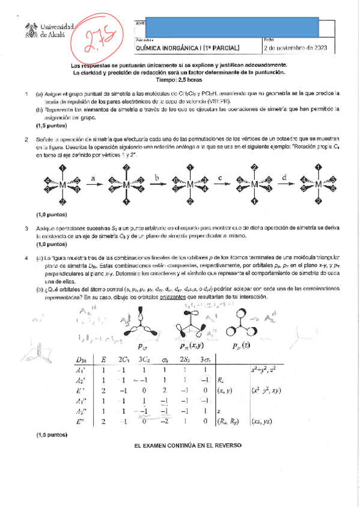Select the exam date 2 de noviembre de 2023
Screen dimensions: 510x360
point(297,48)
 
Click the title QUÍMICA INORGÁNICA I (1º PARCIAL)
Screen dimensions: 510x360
point(188,48)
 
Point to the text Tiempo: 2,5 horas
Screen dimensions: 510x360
point(178,79)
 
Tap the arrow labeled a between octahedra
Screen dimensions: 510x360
point(93,185)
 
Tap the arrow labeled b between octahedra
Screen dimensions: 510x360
point(156,185)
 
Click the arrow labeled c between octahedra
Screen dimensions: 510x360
point(220,185)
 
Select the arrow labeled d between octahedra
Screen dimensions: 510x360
point(284,185)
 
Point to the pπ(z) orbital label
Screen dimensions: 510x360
point(242,346)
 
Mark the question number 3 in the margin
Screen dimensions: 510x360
point(26,229)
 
